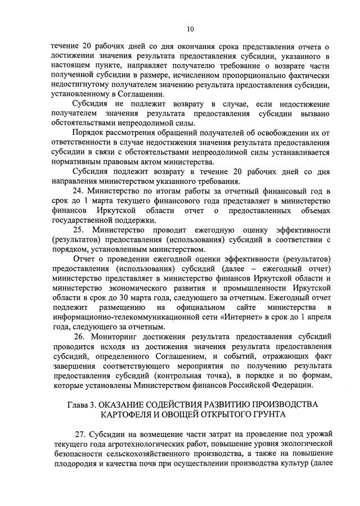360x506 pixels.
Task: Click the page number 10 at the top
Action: coord(190,29)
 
